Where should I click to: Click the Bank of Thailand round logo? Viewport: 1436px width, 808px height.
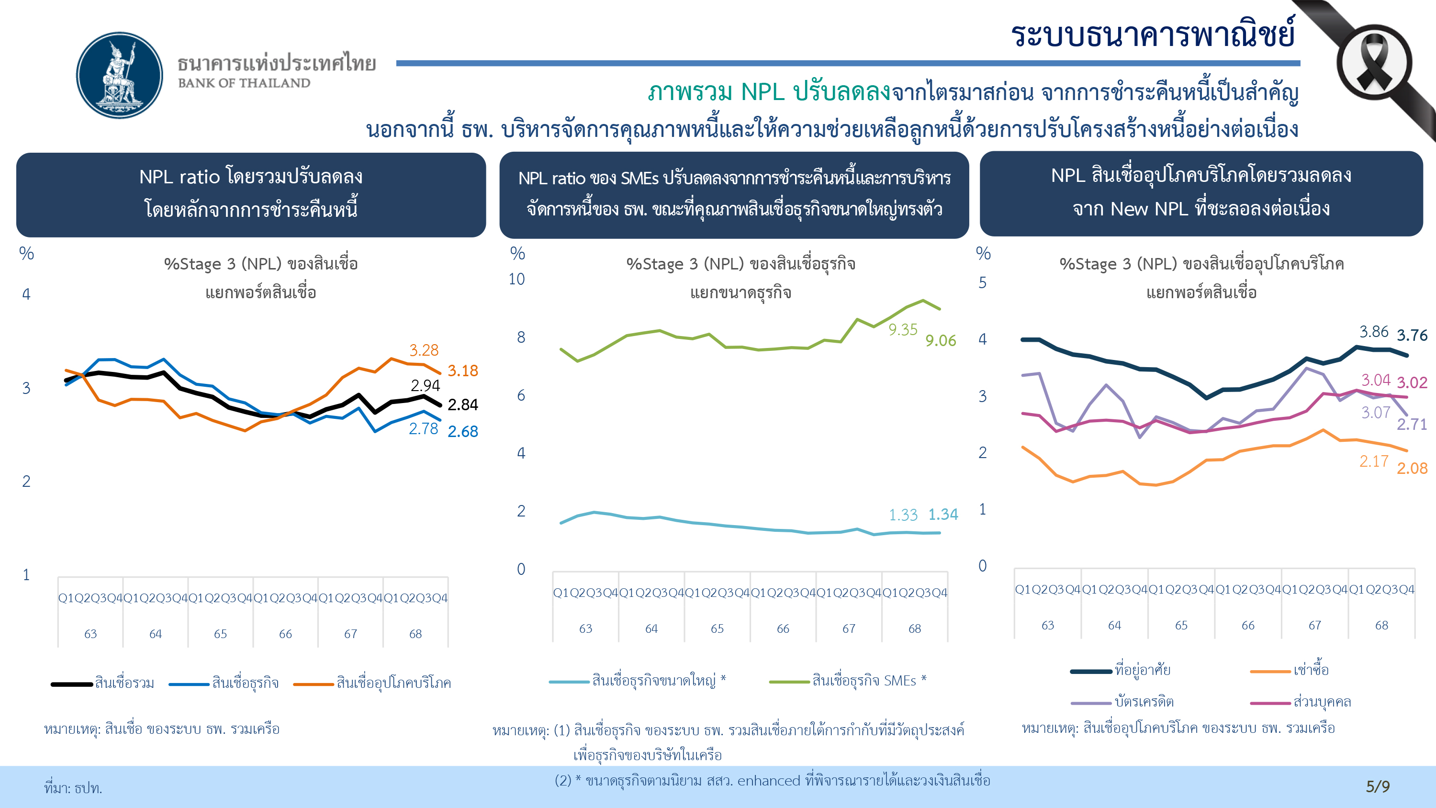119,75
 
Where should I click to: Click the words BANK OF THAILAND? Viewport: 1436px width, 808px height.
244,83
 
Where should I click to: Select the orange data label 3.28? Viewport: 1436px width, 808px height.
424,350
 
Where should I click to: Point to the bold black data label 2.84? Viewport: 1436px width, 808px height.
463,405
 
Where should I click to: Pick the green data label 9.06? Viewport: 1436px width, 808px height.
941,341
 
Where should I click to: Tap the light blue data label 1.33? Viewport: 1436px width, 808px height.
902,515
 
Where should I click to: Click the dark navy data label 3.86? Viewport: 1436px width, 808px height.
1374,332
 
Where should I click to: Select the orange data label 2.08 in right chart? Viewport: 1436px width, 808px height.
1412,469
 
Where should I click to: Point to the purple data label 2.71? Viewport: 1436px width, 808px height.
1412,425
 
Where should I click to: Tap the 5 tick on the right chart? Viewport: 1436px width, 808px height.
982,283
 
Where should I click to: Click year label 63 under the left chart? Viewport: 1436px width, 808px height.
90,634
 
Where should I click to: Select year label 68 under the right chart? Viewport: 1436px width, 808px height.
1381,626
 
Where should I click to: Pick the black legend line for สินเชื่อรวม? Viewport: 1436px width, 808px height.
72,684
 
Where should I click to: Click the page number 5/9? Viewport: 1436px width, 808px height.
1378,786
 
